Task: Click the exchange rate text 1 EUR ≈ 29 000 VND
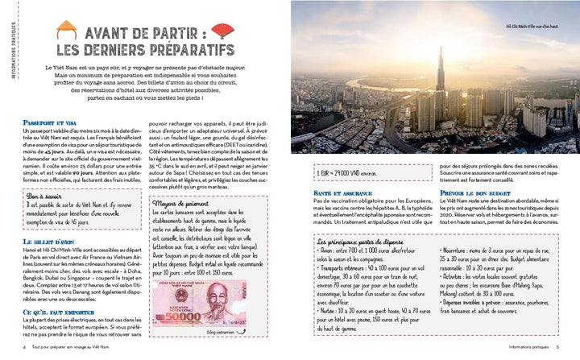[333, 172]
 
